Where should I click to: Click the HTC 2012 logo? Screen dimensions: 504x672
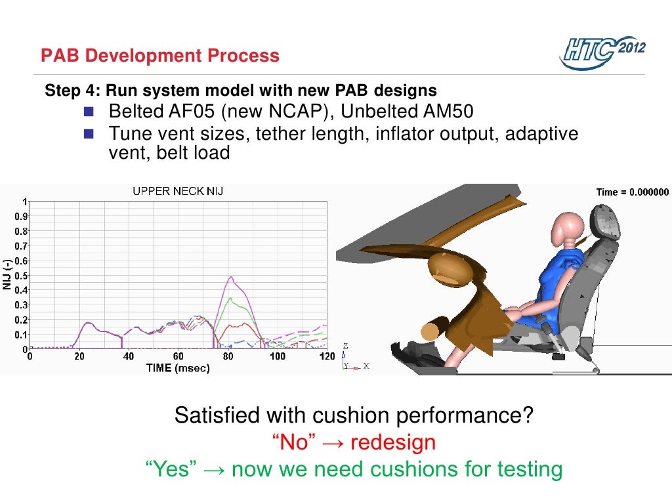[602, 51]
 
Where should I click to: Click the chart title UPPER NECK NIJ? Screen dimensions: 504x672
[177, 191]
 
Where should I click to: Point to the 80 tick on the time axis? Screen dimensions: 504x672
[228, 356]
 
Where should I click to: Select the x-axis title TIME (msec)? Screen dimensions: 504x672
[177, 368]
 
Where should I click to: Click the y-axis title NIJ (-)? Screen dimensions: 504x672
[7, 276]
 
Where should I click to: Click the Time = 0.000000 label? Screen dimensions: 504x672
[632, 192]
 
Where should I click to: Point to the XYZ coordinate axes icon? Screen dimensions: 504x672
[353, 358]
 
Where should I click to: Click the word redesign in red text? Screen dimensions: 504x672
[392, 442]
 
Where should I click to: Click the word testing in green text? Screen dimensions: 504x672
[520, 469]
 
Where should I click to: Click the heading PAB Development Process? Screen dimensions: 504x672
[159, 56]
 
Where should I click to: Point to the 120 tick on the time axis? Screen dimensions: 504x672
[326, 356]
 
